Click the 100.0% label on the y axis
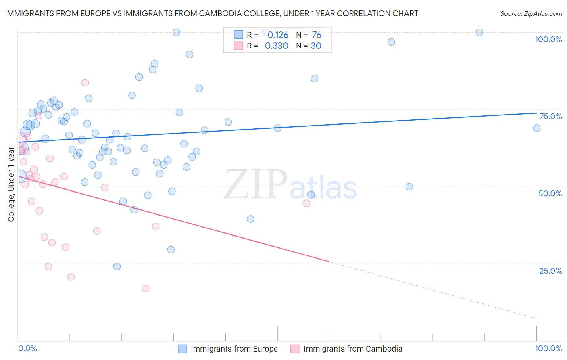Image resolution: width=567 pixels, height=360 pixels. [548, 39]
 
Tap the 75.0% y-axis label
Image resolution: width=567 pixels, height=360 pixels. [550, 116]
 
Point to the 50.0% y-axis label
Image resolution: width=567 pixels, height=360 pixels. [550, 193]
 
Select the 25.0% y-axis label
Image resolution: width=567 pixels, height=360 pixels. [550, 271]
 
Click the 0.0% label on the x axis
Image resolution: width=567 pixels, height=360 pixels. [27, 348]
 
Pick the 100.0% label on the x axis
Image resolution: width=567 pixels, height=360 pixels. [548, 348]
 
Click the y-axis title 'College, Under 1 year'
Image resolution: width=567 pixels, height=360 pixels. [11, 184]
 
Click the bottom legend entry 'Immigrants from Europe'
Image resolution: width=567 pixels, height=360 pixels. [234, 349]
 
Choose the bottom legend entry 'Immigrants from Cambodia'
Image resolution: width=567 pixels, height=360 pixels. [352, 349]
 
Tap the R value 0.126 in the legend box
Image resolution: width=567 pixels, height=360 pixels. [278, 35]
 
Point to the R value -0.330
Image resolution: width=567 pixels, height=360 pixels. [275, 46]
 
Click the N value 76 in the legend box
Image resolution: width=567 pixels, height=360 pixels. [317, 35]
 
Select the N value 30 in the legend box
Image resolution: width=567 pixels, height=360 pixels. [316, 46]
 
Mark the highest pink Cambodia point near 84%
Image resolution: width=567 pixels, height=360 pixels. [85, 83]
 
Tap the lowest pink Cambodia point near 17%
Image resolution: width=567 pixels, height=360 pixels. [146, 289]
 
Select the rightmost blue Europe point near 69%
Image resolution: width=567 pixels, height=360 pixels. [537, 128]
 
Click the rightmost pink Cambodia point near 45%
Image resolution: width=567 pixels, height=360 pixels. [306, 203]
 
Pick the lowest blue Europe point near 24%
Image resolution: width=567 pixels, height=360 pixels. [117, 266]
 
